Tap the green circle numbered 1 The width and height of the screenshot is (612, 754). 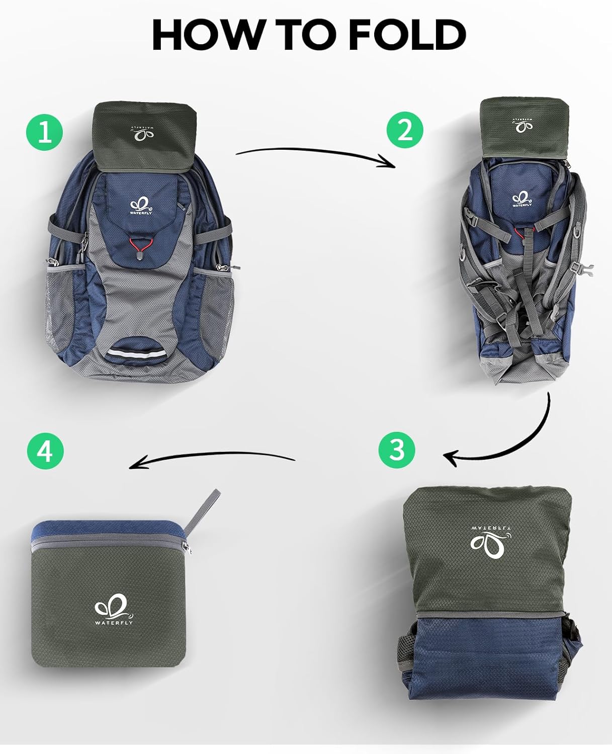45,132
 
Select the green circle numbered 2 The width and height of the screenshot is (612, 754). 405,130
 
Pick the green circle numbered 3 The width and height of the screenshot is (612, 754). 397,449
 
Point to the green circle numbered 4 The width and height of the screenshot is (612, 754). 45,451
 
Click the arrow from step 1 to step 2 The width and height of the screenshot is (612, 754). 315,153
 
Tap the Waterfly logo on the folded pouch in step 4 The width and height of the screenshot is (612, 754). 113,609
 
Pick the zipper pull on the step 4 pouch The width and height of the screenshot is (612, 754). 186,548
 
